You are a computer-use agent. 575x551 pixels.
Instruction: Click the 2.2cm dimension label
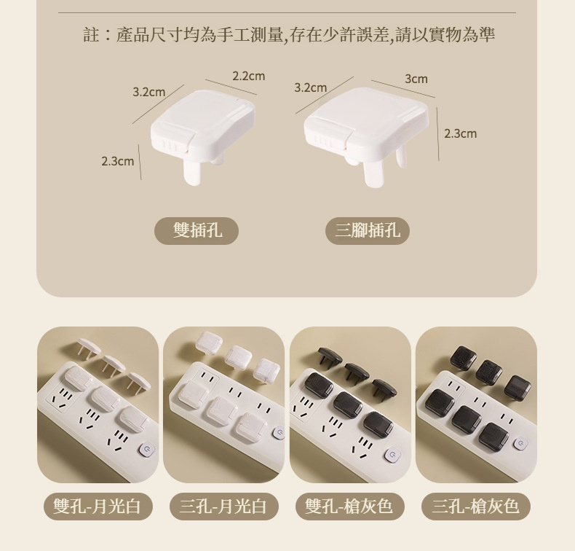click(248, 76)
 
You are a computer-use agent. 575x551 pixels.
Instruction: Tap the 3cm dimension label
click(416, 79)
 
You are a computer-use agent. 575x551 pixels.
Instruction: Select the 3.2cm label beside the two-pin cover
click(149, 92)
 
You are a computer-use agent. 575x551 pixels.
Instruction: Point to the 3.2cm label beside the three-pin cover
click(310, 87)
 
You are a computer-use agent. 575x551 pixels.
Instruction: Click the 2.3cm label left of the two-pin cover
click(118, 161)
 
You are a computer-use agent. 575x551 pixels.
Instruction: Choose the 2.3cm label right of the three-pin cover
click(461, 133)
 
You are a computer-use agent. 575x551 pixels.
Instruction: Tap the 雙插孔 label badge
click(197, 231)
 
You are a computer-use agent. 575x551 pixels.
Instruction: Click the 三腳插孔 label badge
click(368, 231)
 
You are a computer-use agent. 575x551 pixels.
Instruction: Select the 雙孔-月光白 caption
click(98, 507)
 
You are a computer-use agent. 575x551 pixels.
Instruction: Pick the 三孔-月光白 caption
click(224, 507)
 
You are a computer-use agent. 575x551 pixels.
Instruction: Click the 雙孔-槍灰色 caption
click(350, 507)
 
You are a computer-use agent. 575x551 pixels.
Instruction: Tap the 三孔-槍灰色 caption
click(476, 507)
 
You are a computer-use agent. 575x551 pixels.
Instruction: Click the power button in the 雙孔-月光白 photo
click(147, 450)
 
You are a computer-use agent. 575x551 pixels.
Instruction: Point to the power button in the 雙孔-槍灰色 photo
click(394, 455)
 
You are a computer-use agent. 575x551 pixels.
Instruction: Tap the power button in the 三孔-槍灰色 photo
click(520, 444)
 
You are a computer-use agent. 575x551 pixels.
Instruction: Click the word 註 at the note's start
click(91, 35)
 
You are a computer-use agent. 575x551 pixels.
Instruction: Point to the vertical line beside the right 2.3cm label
click(438, 134)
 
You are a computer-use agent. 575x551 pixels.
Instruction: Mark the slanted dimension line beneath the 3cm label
click(403, 89)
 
